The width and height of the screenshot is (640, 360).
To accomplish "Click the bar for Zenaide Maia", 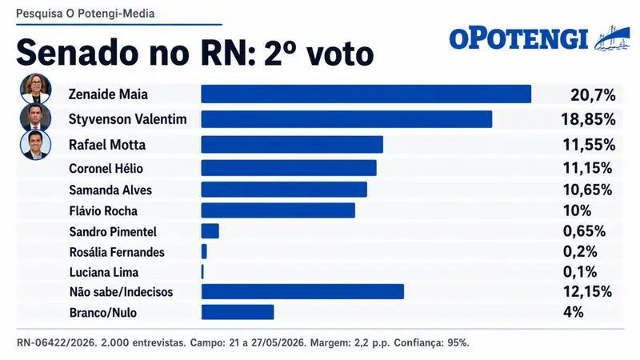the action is pyautogui.click(x=366, y=94).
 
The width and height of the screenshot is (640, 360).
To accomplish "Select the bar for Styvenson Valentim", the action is pyautogui.click(x=346, y=119).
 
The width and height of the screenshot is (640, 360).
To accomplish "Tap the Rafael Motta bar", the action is pyautogui.click(x=292, y=145).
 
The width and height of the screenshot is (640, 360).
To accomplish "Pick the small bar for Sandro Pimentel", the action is pyautogui.click(x=210, y=231).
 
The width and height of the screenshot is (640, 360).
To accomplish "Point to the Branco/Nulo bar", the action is pyautogui.click(x=238, y=312).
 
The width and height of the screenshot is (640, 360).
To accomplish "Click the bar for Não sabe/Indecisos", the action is pyautogui.click(x=302, y=292).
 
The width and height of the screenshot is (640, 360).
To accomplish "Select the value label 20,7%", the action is pyautogui.click(x=593, y=95).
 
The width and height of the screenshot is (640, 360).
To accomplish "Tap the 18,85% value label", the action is pyautogui.click(x=589, y=119).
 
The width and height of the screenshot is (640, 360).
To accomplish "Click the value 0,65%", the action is pyautogui.click(x=585, y=231).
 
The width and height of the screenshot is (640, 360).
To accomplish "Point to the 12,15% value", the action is pyautogui.click(x=588, y=291).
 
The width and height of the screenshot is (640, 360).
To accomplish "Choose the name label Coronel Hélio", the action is pyautogui.click(x=106, y=169).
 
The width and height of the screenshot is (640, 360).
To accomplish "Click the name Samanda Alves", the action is pyautogui.click(x=110, y=190).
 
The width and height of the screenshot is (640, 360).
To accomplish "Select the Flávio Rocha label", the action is pyautogui.click(x=103, y=211).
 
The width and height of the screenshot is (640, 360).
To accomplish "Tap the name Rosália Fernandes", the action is pyautogui.click(x=117, y=252).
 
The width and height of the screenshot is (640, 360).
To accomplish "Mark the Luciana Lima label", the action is pyautogui.click(x=104, y=272).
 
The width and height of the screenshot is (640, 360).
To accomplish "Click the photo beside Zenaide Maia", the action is pyautogui.click(x=36, y=89).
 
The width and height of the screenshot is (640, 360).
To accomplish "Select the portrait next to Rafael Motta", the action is pyautogui.click(x=36, y=145).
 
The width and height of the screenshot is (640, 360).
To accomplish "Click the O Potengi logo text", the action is pyautogui.click(x=519, y=39).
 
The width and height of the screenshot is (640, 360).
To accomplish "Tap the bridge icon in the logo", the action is pyautogui.click(x=612, y=38).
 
